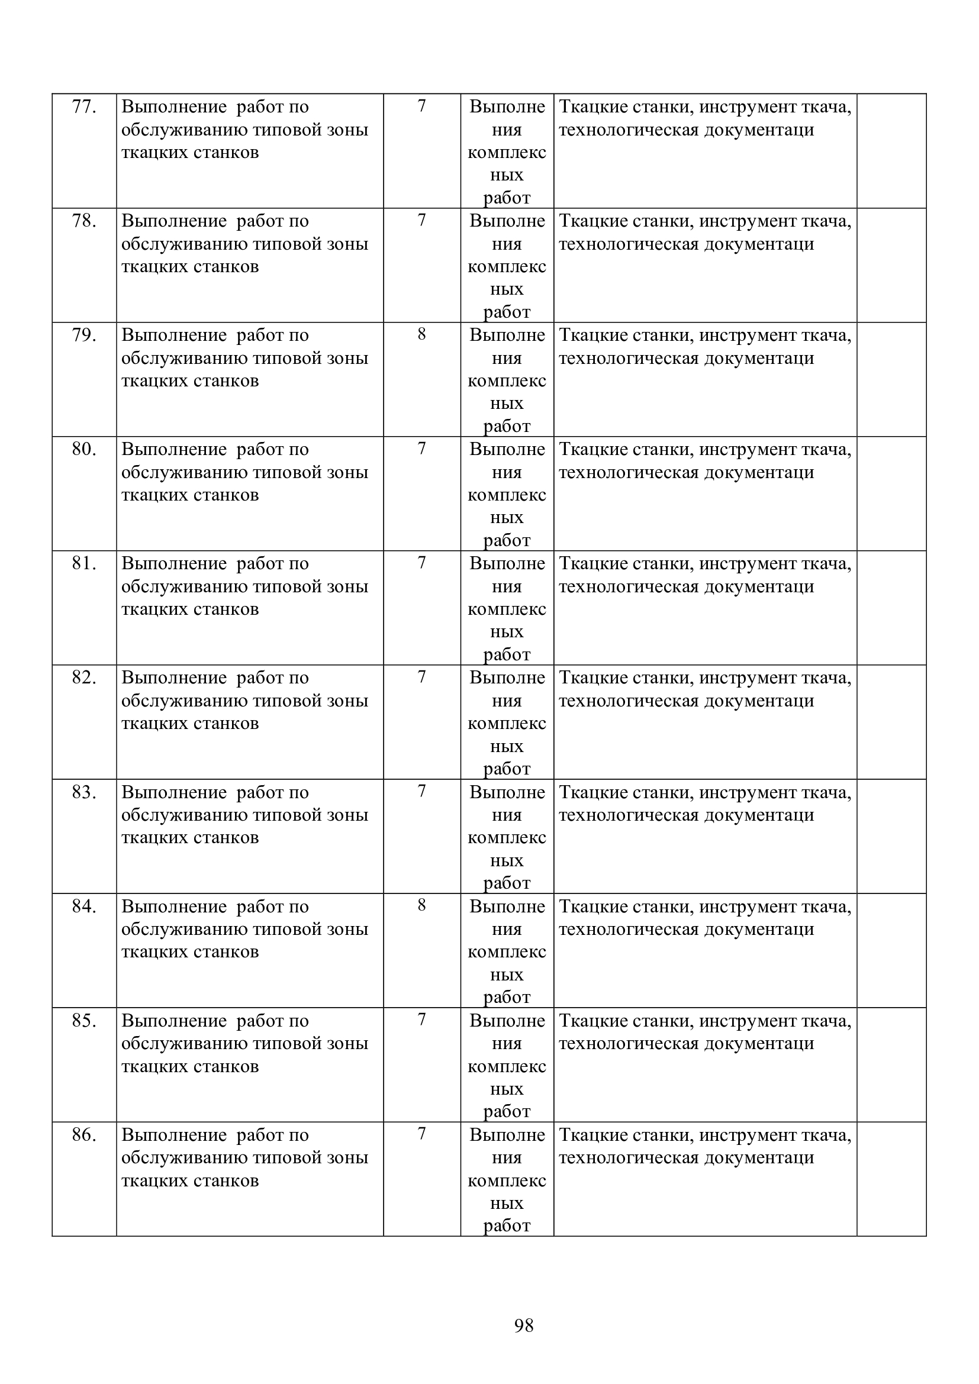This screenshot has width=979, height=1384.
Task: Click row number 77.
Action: pos(84,107)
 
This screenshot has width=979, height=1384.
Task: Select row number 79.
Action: pos(84,335)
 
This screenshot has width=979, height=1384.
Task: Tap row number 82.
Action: pos(84,678)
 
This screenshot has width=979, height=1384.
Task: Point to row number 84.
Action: pos(84,906)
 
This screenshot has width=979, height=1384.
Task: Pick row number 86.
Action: pos(84,1134)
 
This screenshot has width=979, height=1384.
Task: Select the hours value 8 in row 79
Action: pos(421,334)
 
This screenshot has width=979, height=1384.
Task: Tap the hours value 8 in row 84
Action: pos(421,905)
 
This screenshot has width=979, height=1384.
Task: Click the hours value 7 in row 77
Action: pos(421,106)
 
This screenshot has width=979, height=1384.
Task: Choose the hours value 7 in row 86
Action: pos(421,1133)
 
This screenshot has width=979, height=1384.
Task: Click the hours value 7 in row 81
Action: pos(421,562)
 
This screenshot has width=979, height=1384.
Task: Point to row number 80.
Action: pos(84,449)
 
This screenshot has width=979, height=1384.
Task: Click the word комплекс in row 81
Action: pos(507,609)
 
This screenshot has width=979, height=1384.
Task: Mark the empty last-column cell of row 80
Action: pos(891,493)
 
